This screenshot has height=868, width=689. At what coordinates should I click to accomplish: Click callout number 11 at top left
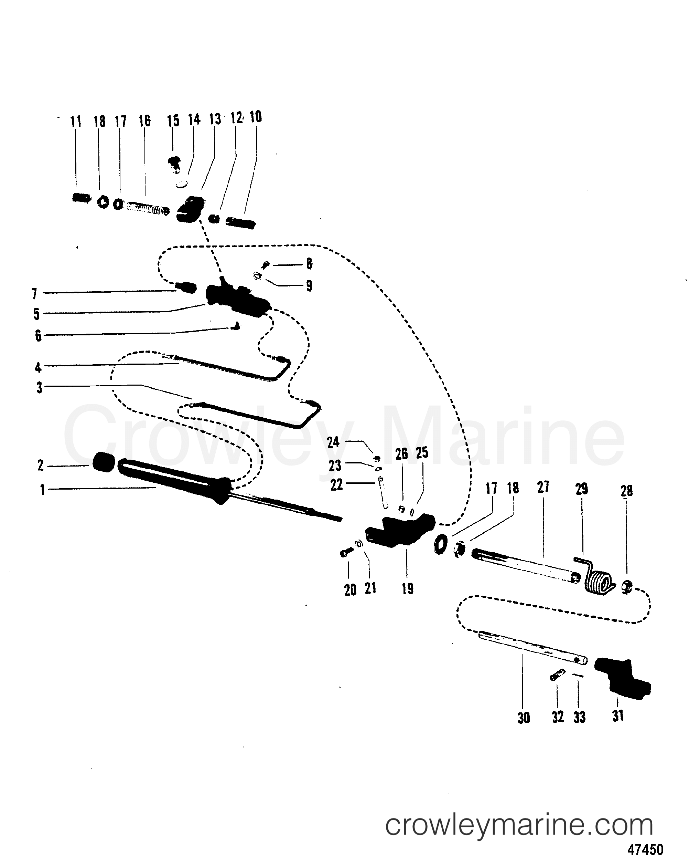pos(76,121)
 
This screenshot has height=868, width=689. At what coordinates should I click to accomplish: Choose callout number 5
pos(36,314)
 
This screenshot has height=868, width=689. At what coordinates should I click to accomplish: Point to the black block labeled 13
pos(190,208)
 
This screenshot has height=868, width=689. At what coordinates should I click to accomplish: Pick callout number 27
pos(543,487)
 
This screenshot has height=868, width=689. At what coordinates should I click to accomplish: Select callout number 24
pos(333,442)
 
